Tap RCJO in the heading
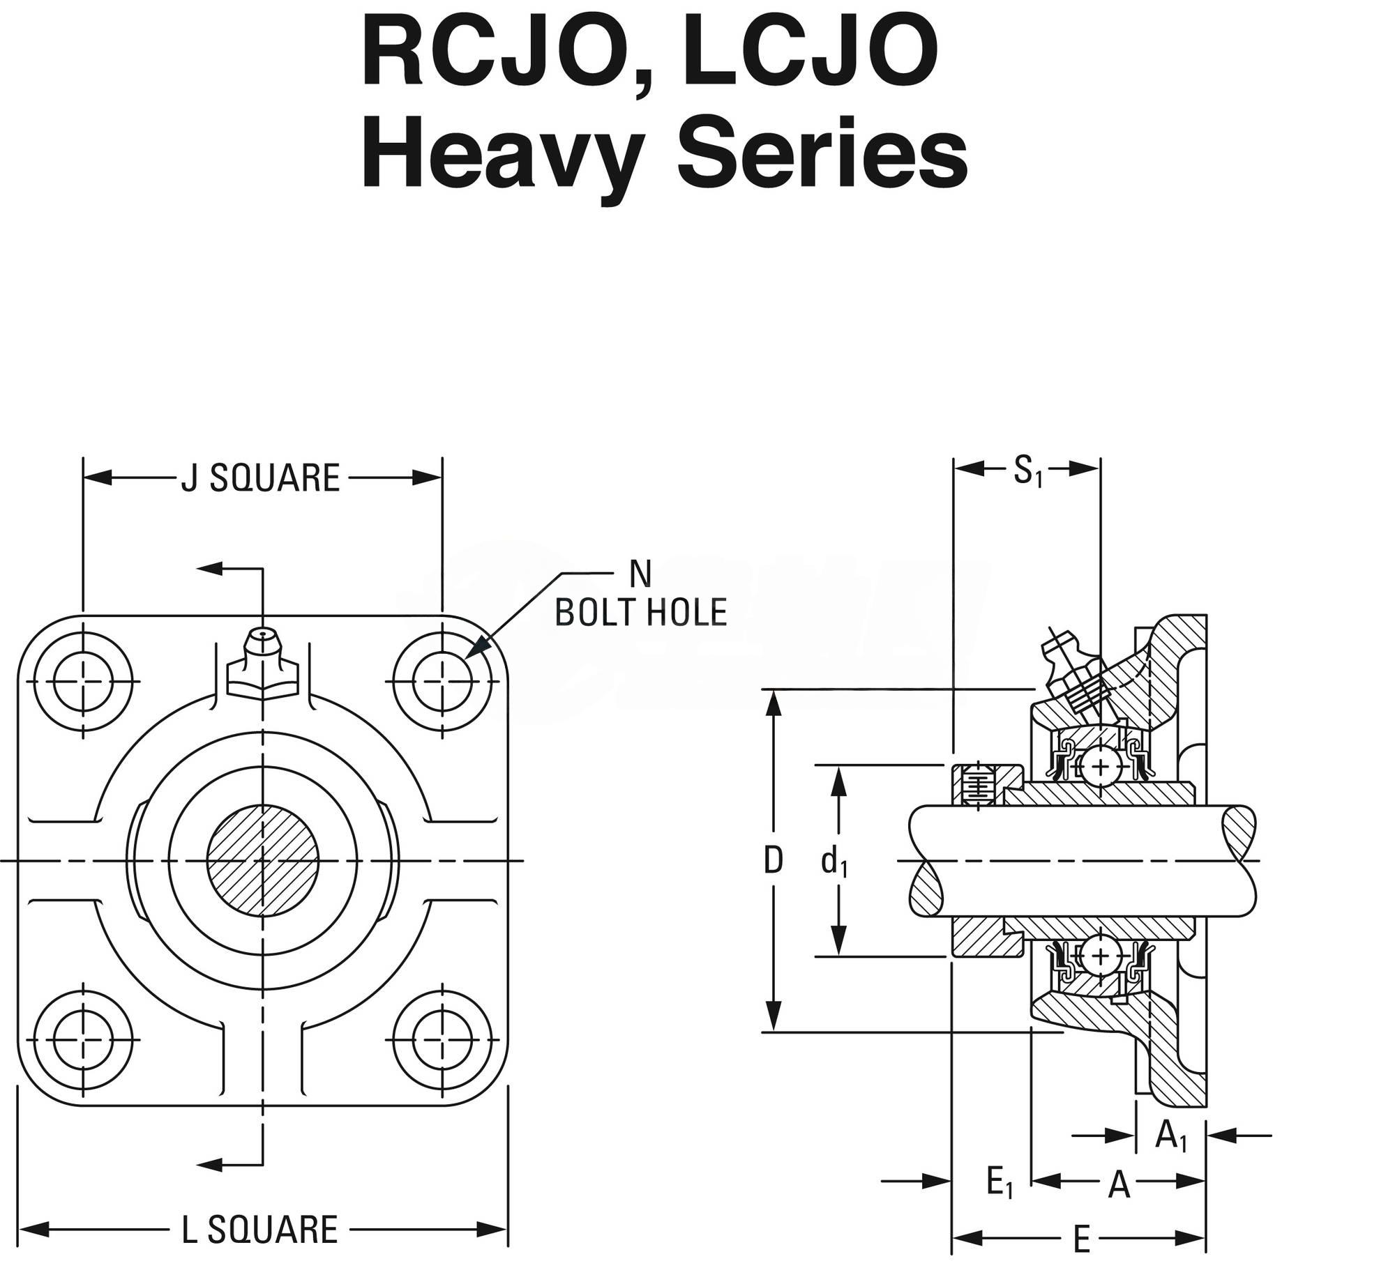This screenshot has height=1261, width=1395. (x=503, y=66)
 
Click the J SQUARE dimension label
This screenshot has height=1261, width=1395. (x=260, y=478)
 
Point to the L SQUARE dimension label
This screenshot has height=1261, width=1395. (x=259, y=1230)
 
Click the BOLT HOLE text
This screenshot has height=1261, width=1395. (x=641, y=613)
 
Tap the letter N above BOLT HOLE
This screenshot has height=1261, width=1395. (x=640, y=575)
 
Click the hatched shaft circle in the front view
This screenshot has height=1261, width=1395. (x=263, y=862)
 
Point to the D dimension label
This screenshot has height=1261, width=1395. (x=773, y=862)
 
